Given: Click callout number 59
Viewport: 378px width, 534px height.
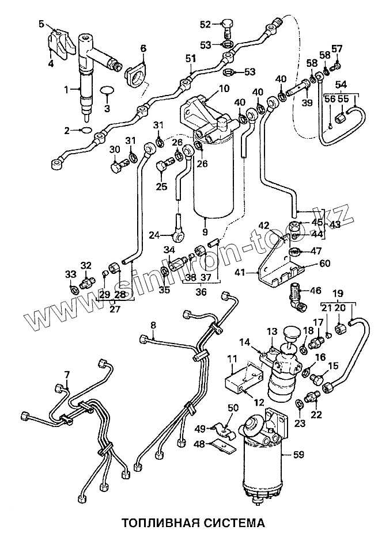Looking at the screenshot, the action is [298, 455].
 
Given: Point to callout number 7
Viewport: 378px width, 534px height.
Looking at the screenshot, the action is [67, 375].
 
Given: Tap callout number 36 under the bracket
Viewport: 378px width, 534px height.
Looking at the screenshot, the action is [201, 292].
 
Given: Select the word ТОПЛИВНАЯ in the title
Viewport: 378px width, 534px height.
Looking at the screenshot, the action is [149, 522].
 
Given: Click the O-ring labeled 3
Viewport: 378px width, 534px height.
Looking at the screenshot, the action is [107, 90].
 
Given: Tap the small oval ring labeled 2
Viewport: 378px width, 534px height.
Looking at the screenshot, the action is [86, 129].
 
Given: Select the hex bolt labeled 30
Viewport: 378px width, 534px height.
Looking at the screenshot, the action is [119, 166].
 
